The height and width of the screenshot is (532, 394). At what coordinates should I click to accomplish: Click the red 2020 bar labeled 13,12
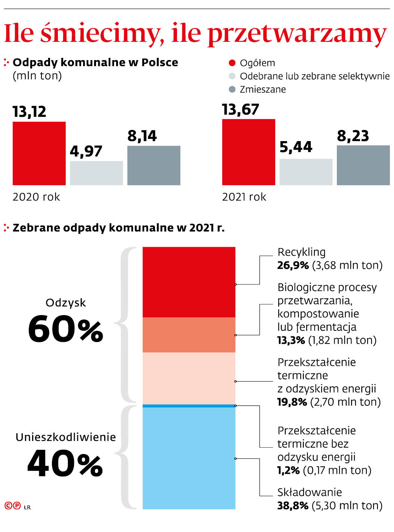point(39,153)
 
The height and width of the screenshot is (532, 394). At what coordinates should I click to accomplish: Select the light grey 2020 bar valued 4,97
point(96,173)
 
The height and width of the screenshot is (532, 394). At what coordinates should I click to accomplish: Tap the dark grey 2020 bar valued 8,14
point(154,165)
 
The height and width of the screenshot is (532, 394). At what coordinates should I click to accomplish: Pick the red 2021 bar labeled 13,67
point(249,152)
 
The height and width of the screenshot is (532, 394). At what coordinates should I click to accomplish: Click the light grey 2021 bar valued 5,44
point(306,172)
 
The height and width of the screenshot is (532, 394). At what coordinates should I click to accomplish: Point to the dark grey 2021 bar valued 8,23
point(363,165)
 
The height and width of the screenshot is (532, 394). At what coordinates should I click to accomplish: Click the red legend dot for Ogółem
point(232,63)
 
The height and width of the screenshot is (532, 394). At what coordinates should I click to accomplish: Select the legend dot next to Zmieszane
point(232,90)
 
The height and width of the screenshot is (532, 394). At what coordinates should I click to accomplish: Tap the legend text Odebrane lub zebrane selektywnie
point(314,76)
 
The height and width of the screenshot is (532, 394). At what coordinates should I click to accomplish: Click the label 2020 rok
point(36,197)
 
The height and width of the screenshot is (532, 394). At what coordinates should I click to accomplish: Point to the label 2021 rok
point(244,197)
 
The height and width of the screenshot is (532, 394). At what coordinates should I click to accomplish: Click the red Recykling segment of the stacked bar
point(189,282)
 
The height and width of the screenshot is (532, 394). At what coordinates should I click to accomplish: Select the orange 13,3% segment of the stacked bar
point(189,335)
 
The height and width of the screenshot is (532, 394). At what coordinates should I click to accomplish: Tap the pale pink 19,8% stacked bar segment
point(189,378)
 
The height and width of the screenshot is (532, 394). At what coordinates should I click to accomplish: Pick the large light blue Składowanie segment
point(189,458)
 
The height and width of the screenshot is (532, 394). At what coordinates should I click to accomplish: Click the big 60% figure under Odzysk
point(66,329)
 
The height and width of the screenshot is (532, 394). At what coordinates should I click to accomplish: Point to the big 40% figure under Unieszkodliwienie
point(65,463)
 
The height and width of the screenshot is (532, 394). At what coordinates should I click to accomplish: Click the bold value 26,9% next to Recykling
point(293,265)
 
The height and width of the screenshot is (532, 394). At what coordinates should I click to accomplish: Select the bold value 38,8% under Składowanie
point(293,505)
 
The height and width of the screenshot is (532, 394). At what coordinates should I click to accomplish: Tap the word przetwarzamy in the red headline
point(297,34)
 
